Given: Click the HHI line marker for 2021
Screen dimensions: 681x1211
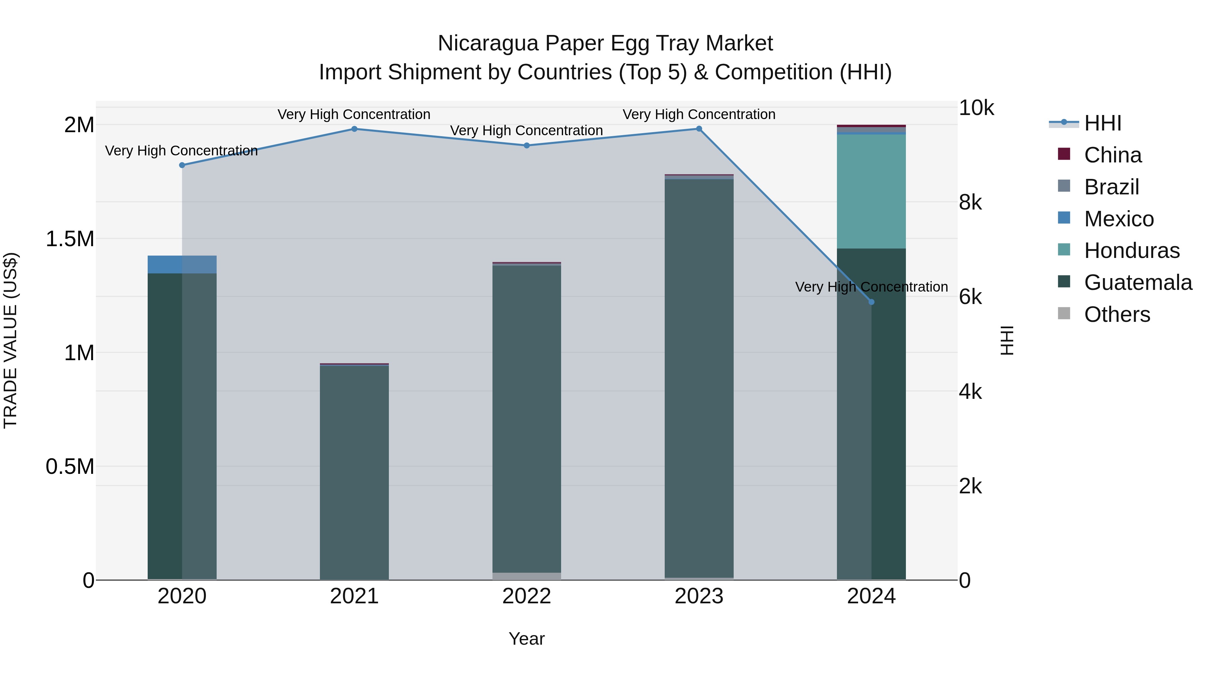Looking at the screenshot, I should click(x=355, y=129).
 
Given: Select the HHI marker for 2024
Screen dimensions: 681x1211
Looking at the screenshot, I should click(x=871, y=302).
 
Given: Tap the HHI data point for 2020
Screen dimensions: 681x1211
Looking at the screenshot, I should click(x=182, y=165).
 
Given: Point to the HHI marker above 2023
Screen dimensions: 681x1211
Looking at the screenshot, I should click(x=699, y=129).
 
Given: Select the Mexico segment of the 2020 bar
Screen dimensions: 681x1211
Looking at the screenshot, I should click(x=182, y=264).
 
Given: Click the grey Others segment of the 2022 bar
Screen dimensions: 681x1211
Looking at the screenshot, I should click(x=526, y=576).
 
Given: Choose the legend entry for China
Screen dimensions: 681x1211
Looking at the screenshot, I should click(x=1112, y=155).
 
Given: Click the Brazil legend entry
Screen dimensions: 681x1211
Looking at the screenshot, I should click(x=1111, y=187).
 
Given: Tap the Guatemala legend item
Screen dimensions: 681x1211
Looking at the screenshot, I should click(x=1138, y=282).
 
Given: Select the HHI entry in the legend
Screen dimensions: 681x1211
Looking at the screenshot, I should click(x=1102, y=123).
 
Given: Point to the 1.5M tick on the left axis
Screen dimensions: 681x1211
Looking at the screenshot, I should click(x=70, y=239).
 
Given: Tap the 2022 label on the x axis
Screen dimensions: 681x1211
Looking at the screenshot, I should click(x=526, y=596).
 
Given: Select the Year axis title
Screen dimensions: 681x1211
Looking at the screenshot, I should click(x=526, y=639).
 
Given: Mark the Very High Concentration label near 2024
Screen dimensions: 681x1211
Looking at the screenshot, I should click(x=871, y=287).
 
